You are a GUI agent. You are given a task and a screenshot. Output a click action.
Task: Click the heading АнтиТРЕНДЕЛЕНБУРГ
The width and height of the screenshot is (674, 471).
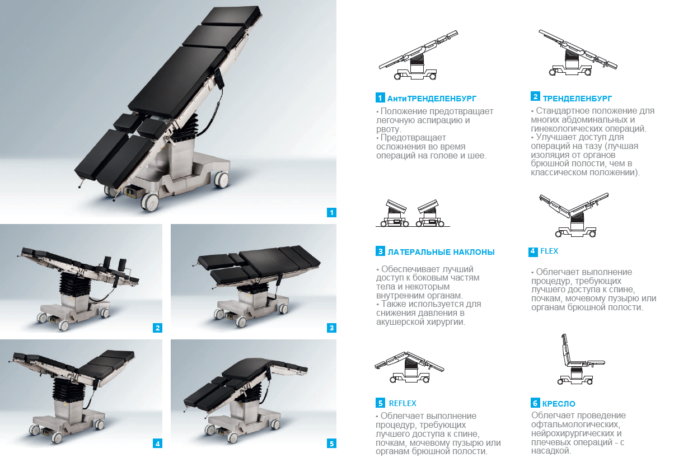[432, 99]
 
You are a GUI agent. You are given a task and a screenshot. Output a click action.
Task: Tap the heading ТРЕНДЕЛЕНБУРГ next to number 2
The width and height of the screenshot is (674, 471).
[577, 99]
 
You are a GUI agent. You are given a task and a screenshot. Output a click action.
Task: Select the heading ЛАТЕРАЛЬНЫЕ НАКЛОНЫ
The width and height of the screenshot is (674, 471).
[441, 252]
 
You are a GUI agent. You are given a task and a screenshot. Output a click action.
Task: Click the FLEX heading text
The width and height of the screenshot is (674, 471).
[549, 251]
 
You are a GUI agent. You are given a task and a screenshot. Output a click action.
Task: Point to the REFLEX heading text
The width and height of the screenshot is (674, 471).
[402, 403]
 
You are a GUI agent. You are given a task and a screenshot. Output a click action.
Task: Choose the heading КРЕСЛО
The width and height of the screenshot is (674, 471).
[559, 404]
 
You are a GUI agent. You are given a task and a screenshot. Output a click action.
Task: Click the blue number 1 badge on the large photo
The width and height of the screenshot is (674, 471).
[331, 212]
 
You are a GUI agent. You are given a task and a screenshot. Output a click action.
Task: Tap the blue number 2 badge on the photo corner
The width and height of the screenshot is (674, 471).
[157, 328]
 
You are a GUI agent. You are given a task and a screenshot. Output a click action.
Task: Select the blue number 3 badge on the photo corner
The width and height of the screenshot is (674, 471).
[331, 328]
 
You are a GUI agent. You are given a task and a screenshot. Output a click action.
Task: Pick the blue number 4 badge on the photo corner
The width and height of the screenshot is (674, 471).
[157, 444]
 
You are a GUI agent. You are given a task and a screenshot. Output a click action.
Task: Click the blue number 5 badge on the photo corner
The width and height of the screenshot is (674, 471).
[331, 444]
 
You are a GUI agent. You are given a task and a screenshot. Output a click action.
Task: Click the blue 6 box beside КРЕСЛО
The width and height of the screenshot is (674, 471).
[535, 403]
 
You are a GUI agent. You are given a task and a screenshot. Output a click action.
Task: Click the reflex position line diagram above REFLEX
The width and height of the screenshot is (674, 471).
[409, 367]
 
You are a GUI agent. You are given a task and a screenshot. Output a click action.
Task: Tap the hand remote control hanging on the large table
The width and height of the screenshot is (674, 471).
[219, 78]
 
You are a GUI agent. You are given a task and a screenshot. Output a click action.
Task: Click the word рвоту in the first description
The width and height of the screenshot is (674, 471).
[389, 129]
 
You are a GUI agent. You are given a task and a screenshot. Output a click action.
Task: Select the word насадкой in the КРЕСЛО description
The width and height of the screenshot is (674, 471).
[551, 451]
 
